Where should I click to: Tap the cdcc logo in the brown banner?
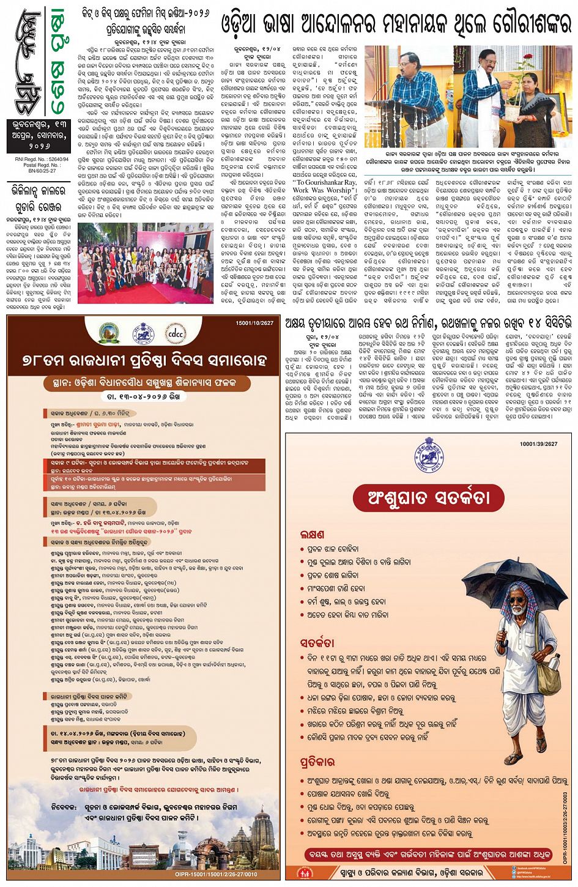[176, 335]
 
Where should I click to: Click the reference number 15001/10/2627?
[257, 322]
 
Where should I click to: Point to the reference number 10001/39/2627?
[539, 444]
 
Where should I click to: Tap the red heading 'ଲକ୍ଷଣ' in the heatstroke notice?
[313, 534]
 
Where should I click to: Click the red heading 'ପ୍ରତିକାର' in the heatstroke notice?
[317, 762]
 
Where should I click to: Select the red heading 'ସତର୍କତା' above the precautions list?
[317, 643]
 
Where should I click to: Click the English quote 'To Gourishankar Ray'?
[325, 182]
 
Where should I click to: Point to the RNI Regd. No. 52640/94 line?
[35, 157]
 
